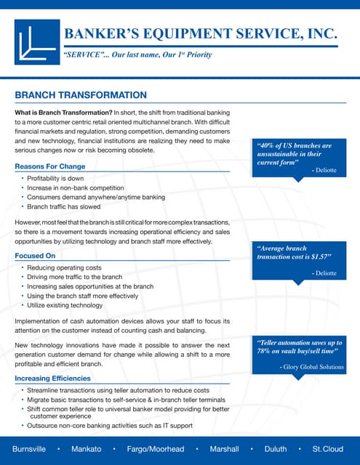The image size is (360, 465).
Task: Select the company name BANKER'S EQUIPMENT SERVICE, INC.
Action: [x=201, y=33]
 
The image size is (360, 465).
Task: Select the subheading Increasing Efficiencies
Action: [x=52, y=379]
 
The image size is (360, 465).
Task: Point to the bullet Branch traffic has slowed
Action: [x=61, y=206]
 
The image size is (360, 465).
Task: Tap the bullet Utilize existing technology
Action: [x=65, y=306]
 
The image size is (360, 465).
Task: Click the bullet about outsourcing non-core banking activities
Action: [x=109, y=425]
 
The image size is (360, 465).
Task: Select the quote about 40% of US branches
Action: [x=294, y=154]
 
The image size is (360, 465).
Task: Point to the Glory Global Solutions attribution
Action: [x=312, y=367]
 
